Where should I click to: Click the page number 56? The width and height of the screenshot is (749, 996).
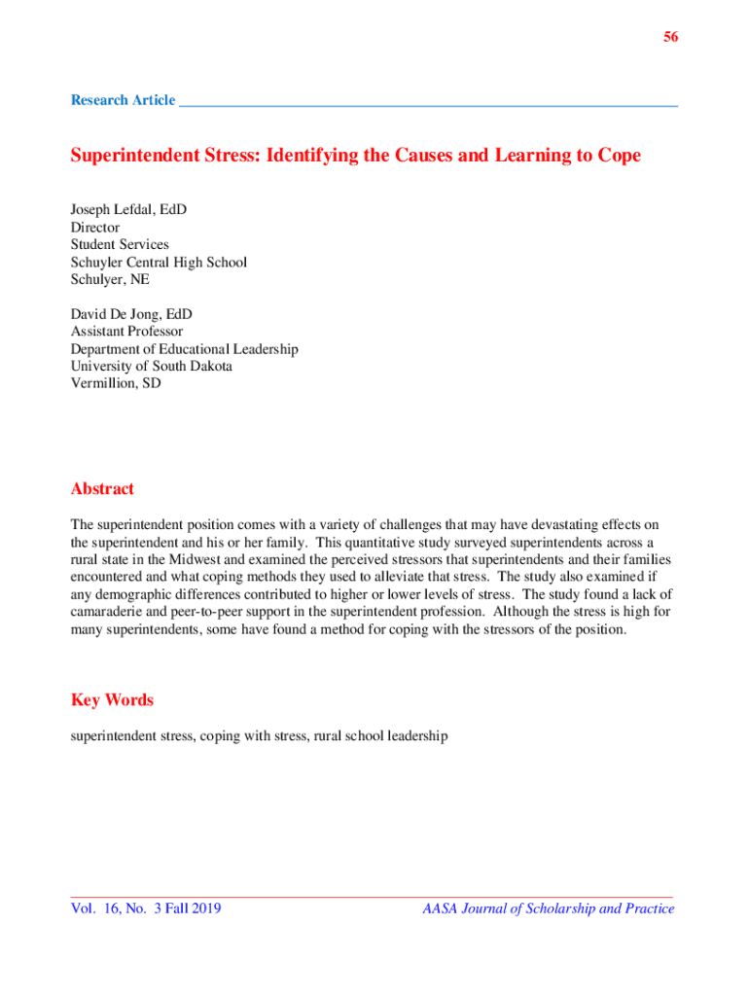(x=671, y=37)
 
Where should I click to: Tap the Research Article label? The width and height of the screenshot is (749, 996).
(x=123, y=100)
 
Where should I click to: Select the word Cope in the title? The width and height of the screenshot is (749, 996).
(x=620, y=157)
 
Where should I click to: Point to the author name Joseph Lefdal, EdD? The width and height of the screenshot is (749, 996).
(x=128, y=210)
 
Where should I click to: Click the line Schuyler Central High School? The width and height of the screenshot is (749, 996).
(x=159, y=263)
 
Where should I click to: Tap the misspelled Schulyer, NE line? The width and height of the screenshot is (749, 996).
(x=110, y=280)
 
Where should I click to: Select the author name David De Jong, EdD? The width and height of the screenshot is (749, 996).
(x=131, y=314)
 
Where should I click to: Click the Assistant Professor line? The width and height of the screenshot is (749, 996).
(x=126, y=332)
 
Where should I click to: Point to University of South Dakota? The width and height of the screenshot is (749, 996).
(x=151, y=367)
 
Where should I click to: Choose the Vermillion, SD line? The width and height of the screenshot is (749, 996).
(x=116, y=384)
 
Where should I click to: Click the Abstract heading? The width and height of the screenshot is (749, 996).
(x=102, y=489)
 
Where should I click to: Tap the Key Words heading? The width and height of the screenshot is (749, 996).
(x=112, y=700)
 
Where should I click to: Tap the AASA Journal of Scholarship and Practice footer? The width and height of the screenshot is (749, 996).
(x=548, y=909)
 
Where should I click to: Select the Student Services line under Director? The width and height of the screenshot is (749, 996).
(x=120, y=245)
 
